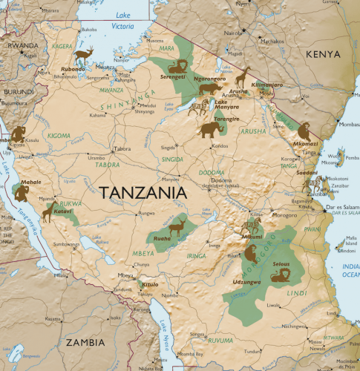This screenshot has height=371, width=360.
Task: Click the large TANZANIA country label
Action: pos(142,192)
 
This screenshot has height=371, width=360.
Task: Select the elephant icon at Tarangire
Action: pos(211,129)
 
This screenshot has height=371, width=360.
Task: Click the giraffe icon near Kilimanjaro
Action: pos(242,76)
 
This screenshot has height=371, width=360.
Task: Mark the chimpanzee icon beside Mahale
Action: pos(22,194)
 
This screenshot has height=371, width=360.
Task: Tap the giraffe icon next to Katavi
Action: pos(48,213)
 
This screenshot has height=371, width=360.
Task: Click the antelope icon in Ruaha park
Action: pos(176,226)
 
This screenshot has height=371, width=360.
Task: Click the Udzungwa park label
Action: pos(246,283)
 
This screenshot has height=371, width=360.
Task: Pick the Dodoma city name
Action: pos(221,180)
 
